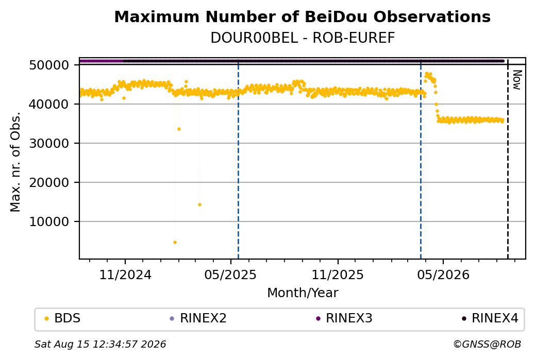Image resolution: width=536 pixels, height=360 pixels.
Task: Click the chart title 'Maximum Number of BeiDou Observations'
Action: pos(302,16)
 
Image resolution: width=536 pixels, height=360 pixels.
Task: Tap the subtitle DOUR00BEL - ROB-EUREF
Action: pos(303,38)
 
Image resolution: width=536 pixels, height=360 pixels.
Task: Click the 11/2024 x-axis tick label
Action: pos(125,275)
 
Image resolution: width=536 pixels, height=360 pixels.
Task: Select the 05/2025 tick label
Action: pos(230,275)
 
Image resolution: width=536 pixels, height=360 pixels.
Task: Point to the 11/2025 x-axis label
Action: pos(338,275)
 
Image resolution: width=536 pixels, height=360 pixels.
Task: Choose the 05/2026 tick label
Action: pos(443,275)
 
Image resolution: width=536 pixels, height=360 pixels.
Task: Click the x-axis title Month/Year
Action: pos(303,293)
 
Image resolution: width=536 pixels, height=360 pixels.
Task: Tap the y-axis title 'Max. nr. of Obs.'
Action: pos(15,162)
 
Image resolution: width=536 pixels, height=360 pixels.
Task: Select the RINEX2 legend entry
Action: pos(198,318)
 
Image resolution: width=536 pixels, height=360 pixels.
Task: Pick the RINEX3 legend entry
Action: pos(344,318)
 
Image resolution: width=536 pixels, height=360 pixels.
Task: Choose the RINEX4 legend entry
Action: pos(490,318)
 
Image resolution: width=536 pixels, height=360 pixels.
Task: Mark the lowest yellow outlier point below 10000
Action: pos(175,243)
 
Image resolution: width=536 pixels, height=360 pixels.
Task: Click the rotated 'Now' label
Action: pos(517,80)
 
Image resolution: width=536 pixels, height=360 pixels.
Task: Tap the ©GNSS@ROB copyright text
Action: pos(487,344)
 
